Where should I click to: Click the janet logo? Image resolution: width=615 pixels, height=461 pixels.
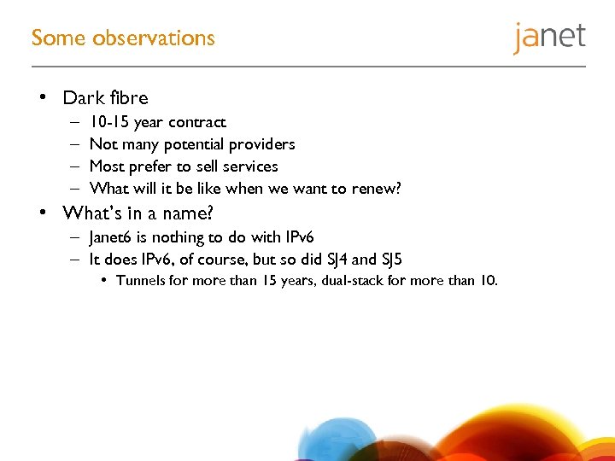[x=549, y=38]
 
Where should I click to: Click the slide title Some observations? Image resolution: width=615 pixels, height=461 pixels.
[x=123, y=38]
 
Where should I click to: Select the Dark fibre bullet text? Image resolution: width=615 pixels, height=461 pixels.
[x=105, y=98]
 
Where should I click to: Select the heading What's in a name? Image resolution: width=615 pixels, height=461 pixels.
[x=137, y=213]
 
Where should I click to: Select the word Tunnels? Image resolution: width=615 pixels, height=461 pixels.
[x=141, y=281]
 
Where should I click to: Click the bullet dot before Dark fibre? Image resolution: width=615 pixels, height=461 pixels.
[x=43, y=98]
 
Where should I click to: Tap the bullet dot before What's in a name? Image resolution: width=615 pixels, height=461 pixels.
[x=43, y=213]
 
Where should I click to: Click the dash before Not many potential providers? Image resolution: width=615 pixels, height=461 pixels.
[x=75, y=144]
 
